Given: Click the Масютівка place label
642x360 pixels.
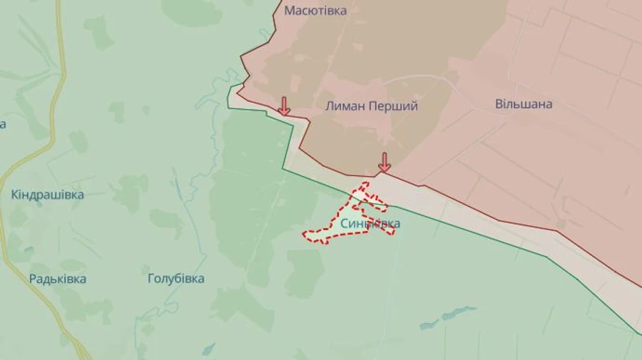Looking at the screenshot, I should tap(315, 11).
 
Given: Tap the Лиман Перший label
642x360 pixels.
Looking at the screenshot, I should tap(371, 106).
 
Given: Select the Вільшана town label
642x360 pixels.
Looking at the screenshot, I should tap(524, 104).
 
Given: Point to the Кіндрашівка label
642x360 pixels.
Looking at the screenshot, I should tap(48, 195).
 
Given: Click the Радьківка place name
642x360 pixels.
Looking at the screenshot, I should tap(58, 279).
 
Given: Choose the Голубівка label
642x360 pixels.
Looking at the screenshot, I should tap(175, 279).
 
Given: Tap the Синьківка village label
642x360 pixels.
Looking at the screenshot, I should tap(370, 224).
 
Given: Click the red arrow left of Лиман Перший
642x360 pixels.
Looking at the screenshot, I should tap(284, 106).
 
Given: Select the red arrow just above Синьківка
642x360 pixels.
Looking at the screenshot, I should tap(384, 162).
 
